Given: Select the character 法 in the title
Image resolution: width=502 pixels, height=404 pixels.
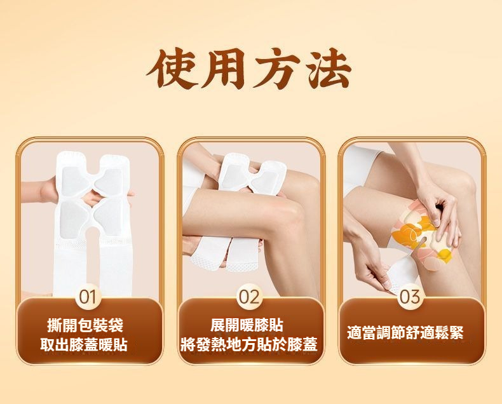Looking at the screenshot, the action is click(329, 69).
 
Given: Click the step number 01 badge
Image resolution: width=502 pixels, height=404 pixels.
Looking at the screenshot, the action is click(88, 297).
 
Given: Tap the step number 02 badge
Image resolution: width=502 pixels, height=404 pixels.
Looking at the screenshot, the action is click(250, 297).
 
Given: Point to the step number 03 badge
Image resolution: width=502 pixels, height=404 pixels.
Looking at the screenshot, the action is click(410, 297).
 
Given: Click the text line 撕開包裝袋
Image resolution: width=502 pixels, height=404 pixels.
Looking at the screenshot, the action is click(85, 326).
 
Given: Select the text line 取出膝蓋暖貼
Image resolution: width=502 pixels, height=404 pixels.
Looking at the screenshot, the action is click(84, 345).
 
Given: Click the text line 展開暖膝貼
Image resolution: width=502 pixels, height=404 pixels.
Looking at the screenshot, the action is click(247, 325).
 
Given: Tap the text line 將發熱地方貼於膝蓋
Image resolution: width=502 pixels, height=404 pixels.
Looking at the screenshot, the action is click(248, 344).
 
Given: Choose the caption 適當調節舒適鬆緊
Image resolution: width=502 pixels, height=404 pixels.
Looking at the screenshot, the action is click(405, 332).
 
